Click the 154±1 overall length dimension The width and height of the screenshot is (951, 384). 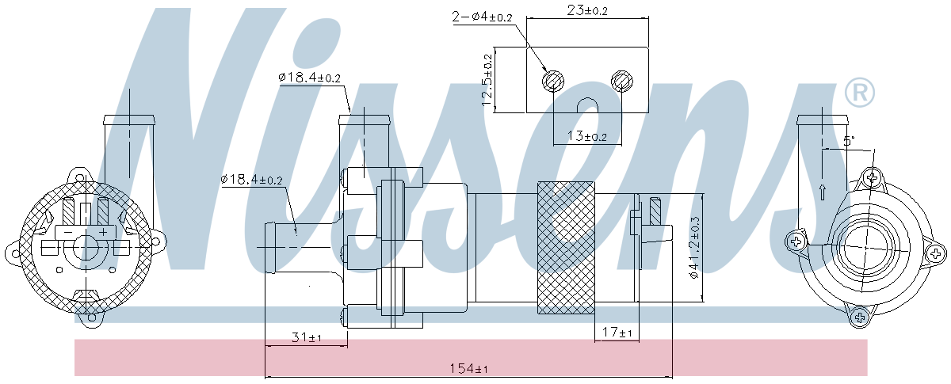pos(468,368)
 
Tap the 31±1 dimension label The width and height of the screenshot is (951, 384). pos(307,337)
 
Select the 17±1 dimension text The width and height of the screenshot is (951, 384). pos(617,333)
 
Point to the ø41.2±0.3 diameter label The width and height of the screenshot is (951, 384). pos(694,249)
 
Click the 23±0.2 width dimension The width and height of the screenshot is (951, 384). pos(587,10)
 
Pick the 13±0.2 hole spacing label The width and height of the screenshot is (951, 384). pos(587,136)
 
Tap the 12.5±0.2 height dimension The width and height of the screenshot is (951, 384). pos(487,80)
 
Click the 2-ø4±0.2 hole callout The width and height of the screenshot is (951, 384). pos(483,17)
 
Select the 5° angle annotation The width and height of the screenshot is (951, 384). pos(848,141)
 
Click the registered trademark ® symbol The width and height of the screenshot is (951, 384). pos(859,92)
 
